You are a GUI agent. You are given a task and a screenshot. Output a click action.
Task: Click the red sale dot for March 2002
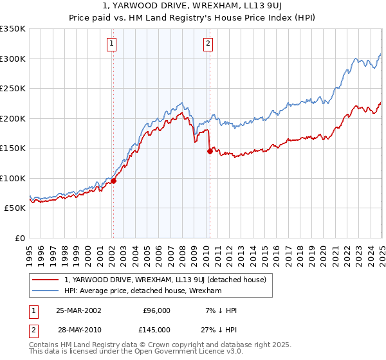113,181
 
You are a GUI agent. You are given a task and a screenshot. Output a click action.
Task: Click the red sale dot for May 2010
210,151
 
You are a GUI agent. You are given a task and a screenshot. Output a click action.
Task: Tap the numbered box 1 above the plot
112,44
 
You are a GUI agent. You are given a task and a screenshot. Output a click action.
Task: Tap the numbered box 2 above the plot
208,44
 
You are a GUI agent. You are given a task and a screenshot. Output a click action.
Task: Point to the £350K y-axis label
13,29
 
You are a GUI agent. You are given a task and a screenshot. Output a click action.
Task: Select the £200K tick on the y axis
13,118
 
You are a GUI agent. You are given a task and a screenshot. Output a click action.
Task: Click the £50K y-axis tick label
15,208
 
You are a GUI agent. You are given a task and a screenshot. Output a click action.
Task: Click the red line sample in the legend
46,280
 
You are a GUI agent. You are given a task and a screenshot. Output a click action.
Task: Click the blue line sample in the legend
46,291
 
